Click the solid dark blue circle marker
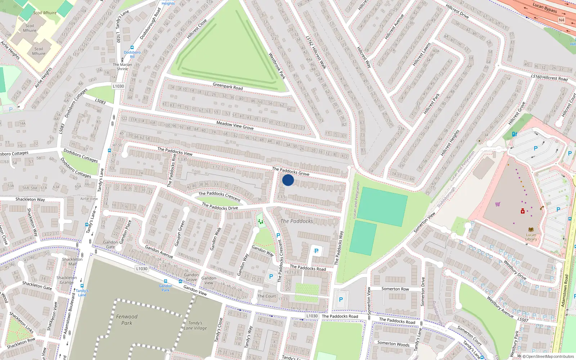(288, 180)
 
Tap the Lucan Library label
(531, 237)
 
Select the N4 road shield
(562, 20)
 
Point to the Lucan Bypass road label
(545, 8)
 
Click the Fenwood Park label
(127, 320)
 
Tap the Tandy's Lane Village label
(195, 325)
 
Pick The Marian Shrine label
(122, 67)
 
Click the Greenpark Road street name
(228, 86)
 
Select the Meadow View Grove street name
(235, 125)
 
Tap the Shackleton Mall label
(72, 261)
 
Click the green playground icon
(260, 222)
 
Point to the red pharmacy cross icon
(523, 211)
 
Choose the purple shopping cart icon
(498, 204)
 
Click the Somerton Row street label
(395, 289)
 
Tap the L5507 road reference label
(523, 319)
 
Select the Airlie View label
(89, 199)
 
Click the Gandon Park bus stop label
(166, 288)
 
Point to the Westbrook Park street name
(277, 66)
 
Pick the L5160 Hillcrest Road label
(549, 77)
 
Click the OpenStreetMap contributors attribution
(550, 357)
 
